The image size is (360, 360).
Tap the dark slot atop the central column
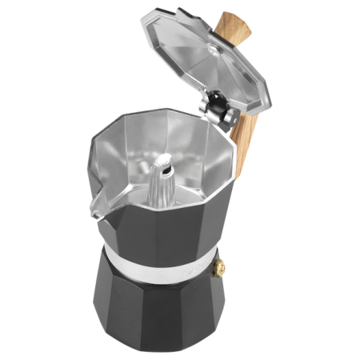click(x=165, y=167)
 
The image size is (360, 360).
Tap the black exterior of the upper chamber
click(x=160, y=232)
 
